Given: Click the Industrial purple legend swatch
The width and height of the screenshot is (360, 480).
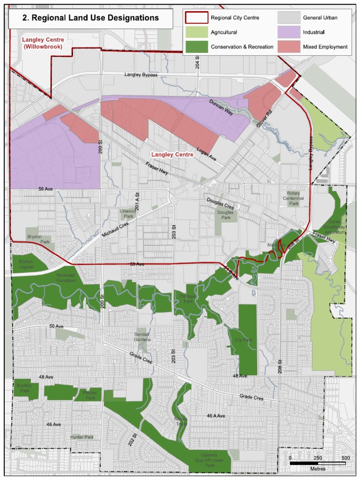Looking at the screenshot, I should pyautogui.click(x=289, y=32).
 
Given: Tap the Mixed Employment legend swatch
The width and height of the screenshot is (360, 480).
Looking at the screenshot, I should pyautogui.click(x=289, y=46).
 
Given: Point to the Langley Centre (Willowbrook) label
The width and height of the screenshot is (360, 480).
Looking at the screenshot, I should pyautogui.click(x=43, y=44).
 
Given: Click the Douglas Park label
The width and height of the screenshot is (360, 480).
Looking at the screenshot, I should pyautogui.click(x=226, y=215).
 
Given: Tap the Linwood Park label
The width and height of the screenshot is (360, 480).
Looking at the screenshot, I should pyautogui.click(x=127, y=214).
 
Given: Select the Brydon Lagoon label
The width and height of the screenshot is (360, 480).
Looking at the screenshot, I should pyautogui.click(x=26, y=264).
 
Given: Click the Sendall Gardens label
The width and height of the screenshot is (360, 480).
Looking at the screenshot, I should pyautogui.click(x=142, y=337).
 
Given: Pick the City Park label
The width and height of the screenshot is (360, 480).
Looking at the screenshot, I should pyautogui.click(x=243, y=340).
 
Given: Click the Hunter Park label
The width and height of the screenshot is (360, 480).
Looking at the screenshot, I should pyautogui.click(x=82, y=437).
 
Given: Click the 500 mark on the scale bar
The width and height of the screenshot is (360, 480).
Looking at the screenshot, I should pyautogui.click(x=345, y=457).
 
